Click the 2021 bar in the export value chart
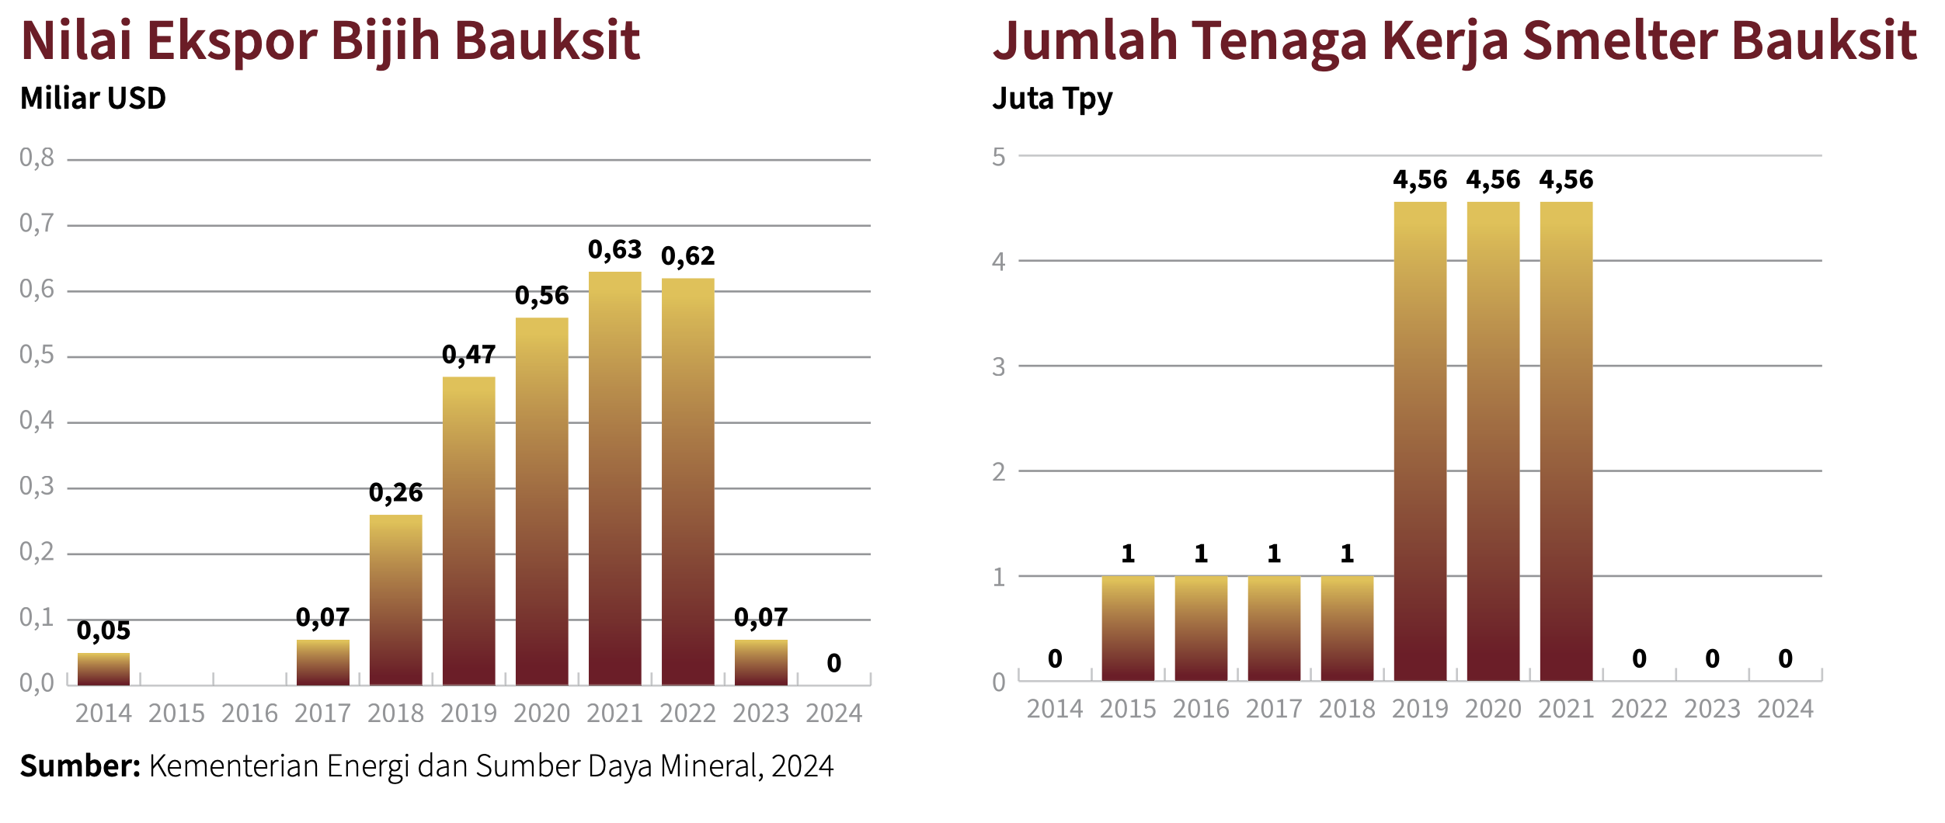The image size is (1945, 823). (x=614, y=477)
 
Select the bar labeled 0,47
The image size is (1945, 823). (x=468, y=530)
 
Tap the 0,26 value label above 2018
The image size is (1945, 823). (x=395, y=492)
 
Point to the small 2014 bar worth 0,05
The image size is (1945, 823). (x=103, y=668)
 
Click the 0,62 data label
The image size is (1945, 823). (x=687, y=256)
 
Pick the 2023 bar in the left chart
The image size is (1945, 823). (x=760, y=662)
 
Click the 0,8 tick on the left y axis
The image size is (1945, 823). (x=37, y=158)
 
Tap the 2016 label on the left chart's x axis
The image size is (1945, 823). (x=249, y=713)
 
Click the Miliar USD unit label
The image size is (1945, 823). (x=93, y=99)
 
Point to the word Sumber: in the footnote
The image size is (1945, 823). (x=80, y=766)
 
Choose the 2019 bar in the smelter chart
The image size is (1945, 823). (x=1420, y=441)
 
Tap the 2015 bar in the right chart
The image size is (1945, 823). (x=1128, y=628)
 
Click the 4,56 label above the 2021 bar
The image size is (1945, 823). (x=1566, y=180)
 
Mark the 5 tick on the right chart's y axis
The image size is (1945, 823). (x=999, y=158)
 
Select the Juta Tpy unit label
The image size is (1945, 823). (x=1053, y=99)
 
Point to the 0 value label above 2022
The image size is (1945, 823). (x=1639, y=659)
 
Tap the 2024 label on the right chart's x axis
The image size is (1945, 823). (x=1785, y=709)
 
